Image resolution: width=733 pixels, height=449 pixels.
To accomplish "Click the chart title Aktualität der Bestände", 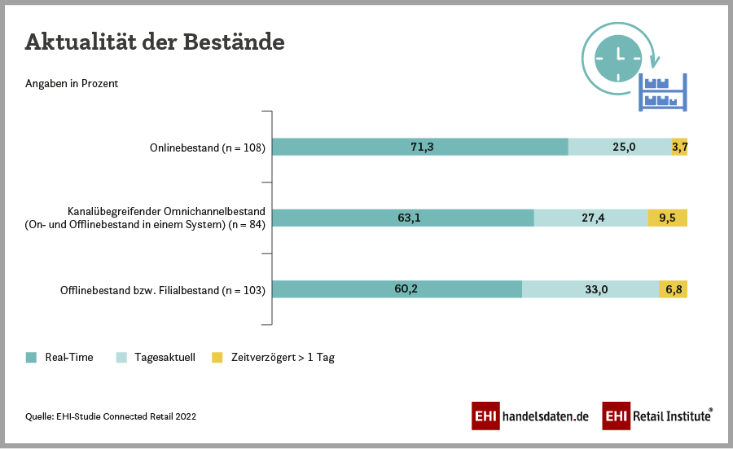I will tap(155, 42).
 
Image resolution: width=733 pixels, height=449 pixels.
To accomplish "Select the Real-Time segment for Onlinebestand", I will tap(419, 147).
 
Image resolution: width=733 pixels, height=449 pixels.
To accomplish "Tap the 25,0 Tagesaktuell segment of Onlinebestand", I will tap(620, 147).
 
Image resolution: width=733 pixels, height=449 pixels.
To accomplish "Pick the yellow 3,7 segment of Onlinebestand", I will tap(680, 147).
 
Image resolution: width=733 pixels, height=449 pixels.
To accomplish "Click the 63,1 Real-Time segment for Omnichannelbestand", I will tap(402, 218).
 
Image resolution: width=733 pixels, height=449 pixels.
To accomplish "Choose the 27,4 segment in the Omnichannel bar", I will tap(590, 218).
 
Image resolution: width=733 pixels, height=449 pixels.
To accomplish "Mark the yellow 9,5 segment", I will tap(668, 218).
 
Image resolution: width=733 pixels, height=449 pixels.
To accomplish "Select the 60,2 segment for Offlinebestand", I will tap(397, 289).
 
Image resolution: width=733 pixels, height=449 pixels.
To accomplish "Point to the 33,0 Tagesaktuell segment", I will tap(590, 289).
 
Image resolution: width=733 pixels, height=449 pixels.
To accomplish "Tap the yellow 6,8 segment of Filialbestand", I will tap(674, 289).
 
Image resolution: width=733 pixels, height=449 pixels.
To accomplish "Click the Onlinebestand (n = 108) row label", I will tap(208, 147).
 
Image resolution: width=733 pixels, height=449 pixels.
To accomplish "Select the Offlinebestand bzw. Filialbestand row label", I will tap(163, 290).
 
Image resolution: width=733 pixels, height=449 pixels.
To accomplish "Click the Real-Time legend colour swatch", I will tap(32, 357).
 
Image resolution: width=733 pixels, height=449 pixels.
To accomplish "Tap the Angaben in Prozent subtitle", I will tap(72, 83).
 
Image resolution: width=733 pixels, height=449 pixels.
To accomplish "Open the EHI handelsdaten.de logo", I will tap(530, 416).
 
